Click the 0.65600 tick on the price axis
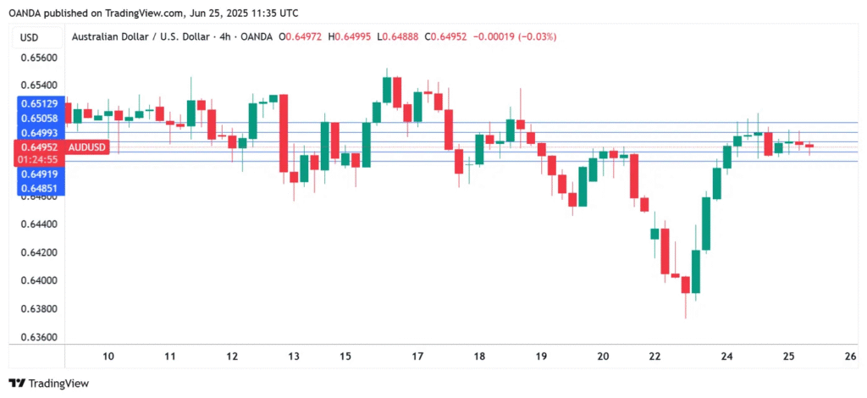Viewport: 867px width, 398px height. click(39, 58)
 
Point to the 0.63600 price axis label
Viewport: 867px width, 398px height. click(39, 337)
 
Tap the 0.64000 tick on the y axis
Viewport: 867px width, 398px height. click(39, 280)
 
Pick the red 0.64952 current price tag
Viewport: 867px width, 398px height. click(40, 147)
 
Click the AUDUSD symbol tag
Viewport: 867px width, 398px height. click(88, 147)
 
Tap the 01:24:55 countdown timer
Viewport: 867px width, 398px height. click(40, 159)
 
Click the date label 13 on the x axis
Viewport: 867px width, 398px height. click(294, 357)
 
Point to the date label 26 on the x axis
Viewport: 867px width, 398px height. click(850, 357)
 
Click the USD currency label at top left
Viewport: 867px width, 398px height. click(29, 37)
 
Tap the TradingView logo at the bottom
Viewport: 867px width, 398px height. click(48, 384)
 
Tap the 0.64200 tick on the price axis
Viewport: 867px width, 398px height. click(39, 252)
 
